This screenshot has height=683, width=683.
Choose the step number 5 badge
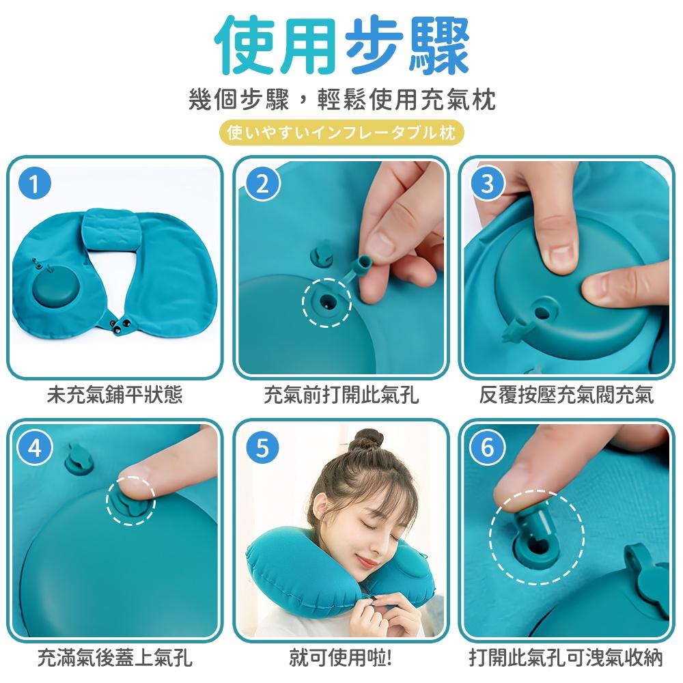coord(263,449)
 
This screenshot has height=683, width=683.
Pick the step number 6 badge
coord(487,449)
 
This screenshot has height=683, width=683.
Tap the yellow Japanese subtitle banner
coord(341,132)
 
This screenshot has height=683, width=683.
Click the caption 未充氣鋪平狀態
coord(115,395)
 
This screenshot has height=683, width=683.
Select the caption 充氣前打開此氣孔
coord(341,395)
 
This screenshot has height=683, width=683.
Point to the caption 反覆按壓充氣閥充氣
coord(566,395)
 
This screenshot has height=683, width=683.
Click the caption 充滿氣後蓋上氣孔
coord(115,658)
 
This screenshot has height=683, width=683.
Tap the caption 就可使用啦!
coord(341,658)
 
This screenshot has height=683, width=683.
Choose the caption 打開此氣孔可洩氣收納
coord(566,658)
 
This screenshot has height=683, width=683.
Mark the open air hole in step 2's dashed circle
coord(326,300)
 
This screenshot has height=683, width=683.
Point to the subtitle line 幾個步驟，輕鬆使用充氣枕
coord(341,100)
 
